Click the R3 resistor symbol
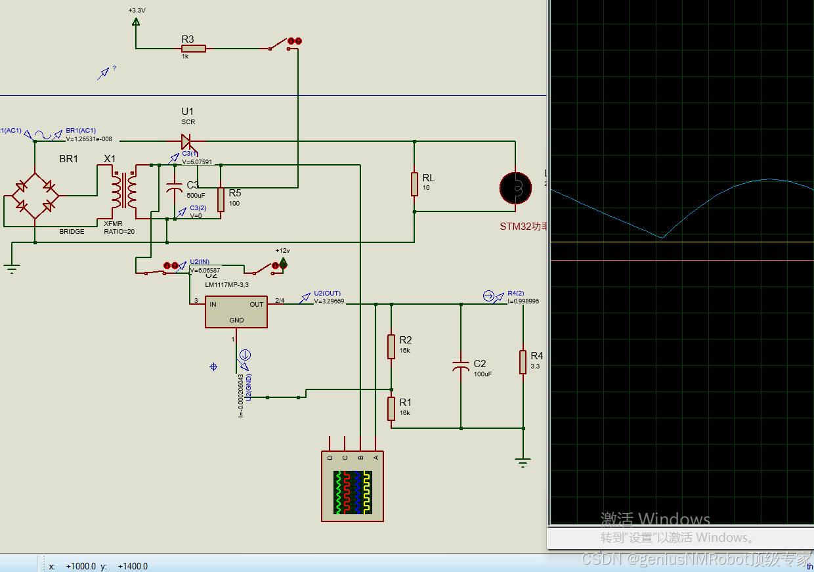click(194, 48)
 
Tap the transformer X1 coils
click(123, 190)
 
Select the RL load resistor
click(414, 184)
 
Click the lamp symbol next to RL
click(515, 188)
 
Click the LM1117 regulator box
click(236, 311)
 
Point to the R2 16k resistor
click(391, 345)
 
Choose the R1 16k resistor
click(391, 408)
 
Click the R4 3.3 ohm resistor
click(523, 362)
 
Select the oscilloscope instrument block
click(353, 487)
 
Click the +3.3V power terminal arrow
click(136, 22)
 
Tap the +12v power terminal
click(283, 263)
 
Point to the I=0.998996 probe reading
click(523, 301)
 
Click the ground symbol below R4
click(523, 462)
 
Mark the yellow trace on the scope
click(683, 242)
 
